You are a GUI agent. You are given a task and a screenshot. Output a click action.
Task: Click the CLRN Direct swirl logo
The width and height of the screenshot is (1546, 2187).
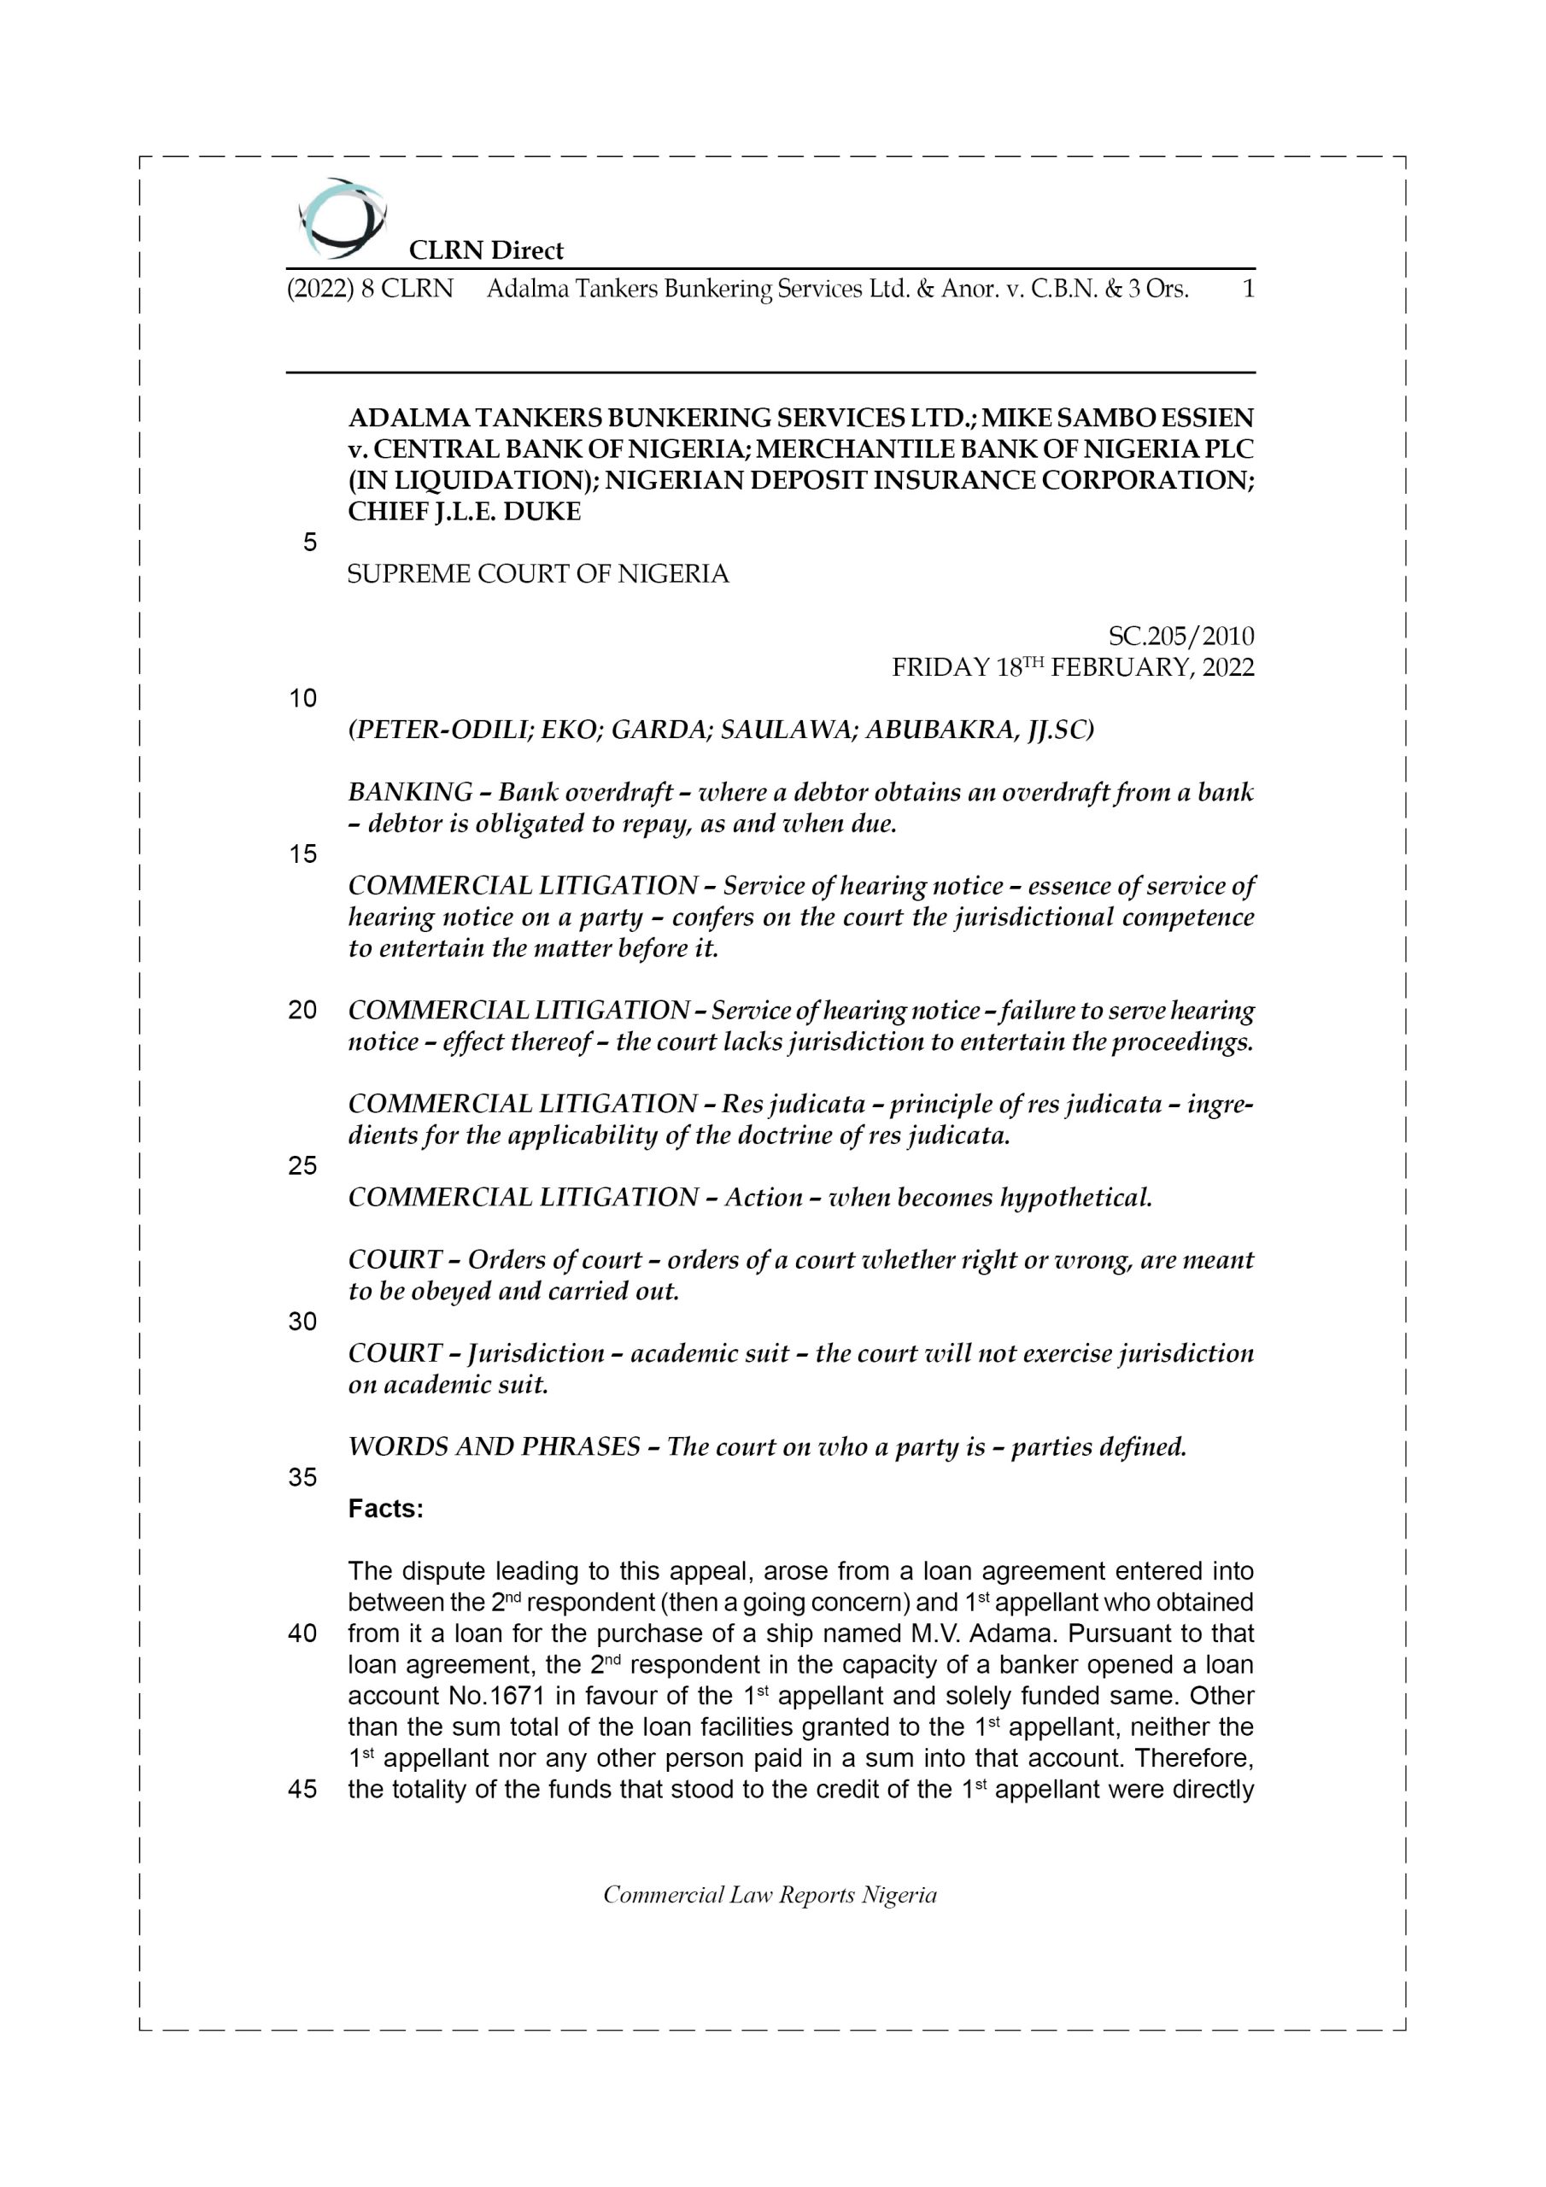[342, 218]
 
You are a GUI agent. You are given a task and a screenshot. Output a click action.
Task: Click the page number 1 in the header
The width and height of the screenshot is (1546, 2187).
[1248, 289]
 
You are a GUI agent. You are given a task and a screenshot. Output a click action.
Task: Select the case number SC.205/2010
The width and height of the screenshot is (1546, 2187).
[1181, 636]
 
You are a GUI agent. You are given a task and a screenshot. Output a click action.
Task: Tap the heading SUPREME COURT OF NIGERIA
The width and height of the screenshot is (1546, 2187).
[537, 573]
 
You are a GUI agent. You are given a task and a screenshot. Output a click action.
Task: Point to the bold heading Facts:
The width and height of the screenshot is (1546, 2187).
[386, 1509]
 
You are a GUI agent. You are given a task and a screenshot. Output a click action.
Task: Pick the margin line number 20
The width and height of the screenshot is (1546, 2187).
[302, 1010]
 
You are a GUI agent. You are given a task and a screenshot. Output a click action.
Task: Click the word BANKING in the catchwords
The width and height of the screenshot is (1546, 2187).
[411, 793]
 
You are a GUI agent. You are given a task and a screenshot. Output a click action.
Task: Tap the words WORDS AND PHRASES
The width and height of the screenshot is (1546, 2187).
[494, 1447]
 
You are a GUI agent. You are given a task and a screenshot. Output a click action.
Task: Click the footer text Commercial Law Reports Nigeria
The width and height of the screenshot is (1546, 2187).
[770, 1895]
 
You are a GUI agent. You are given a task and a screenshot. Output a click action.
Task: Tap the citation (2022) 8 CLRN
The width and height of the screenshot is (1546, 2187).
[370, 289]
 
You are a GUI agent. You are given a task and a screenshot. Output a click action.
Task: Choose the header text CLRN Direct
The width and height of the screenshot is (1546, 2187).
[486, 250]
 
